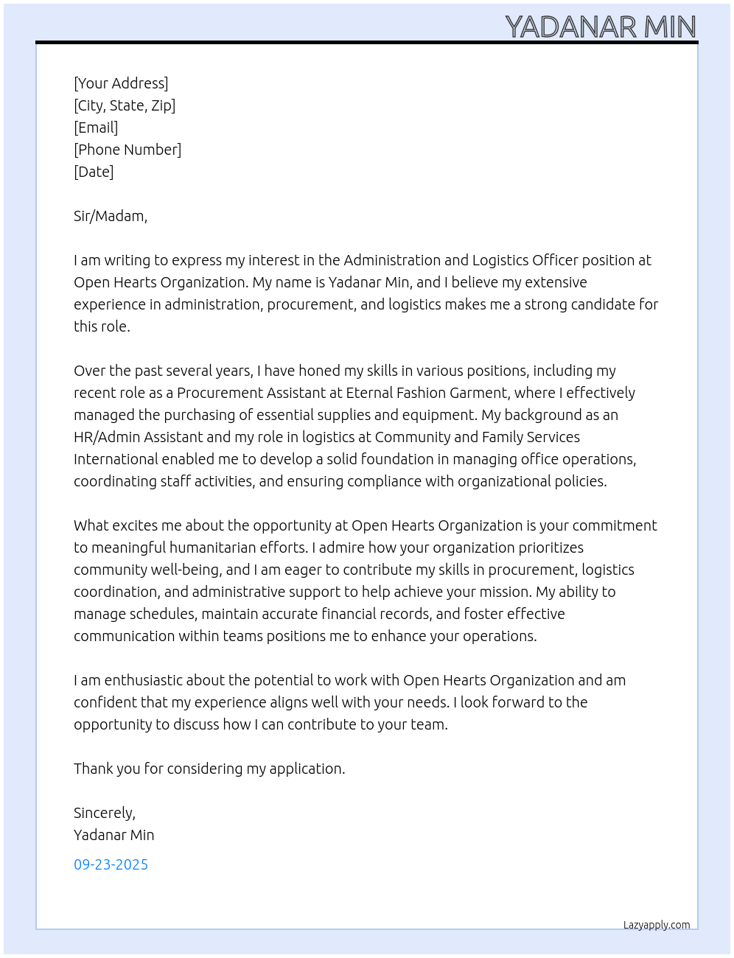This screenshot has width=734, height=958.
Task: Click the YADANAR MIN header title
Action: click(601, 27)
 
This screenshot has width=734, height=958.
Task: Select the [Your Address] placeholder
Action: click(121, 83)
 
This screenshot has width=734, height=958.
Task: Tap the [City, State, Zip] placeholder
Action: click(125, 105)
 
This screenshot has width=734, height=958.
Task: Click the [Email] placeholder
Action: click(96, 127)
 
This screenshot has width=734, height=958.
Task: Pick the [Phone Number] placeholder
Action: click(127, 150)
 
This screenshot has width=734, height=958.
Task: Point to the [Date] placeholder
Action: click(94, 172)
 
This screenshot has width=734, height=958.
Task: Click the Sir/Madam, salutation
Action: click(111, 216)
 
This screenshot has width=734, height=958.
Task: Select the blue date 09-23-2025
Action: click(111, 864)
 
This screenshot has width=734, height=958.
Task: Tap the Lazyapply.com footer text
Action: click(657, 925)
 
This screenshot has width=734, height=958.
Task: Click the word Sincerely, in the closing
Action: click(105, 813)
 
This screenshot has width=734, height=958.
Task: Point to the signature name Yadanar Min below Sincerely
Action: click(114, 835)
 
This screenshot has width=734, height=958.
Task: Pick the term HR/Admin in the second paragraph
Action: click(106, 437)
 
